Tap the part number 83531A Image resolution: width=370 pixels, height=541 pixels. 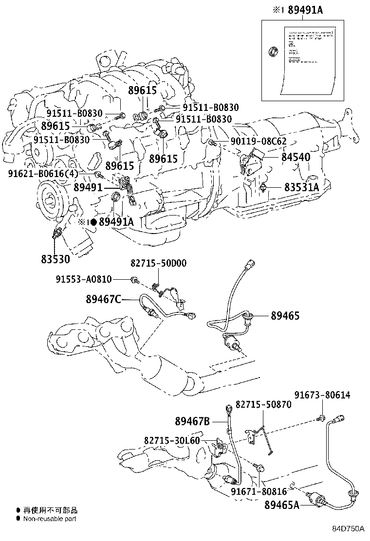click(301, 187)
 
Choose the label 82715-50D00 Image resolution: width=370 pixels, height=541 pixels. click(158, 263)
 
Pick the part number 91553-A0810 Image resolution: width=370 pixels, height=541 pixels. click(83, 279)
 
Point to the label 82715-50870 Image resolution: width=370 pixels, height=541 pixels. click(263, 404)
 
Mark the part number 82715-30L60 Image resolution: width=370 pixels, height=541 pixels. click(172, 440)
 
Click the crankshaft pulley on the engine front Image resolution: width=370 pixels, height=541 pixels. click(50, 197)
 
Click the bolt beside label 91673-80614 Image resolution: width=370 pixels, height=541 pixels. click(321, 417)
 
